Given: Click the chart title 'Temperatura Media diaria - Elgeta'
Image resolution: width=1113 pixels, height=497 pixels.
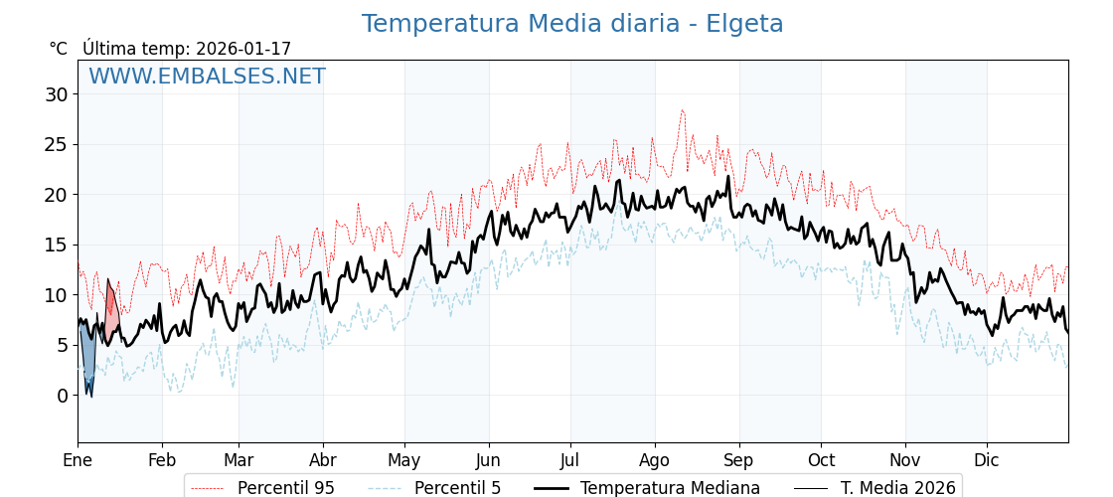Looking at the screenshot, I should click(x=572, y=24).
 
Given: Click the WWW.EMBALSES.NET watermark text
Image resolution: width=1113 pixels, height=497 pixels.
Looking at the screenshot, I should click(x=207, y=77).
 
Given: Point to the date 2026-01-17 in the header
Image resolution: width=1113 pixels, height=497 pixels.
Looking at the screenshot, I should click(x=243, y=49).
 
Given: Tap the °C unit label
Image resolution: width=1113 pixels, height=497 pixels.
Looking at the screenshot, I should click(x=58, y=49).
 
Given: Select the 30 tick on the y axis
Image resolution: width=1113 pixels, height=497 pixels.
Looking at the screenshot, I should click(x=56, y=94).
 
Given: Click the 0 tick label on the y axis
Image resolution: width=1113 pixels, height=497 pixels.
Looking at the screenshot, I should click(x=62, y=396).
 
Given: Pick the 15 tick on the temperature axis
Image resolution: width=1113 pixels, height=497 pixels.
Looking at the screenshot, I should click(x=56, y=245).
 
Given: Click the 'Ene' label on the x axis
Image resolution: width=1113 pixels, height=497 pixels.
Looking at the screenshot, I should click(x=78, y=460).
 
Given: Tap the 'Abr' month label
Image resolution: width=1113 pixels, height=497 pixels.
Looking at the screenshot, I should click(x=323, y=460).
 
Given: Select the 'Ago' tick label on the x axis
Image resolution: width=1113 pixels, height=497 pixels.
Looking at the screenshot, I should click(x=655, y=460).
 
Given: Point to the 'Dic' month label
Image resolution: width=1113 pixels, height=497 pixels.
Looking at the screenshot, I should click(x=987, y=460).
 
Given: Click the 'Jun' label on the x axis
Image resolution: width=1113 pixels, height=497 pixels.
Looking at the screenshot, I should click(x=488, y=460).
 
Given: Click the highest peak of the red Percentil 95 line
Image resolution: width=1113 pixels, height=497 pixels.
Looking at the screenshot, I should click(x=682, y=110).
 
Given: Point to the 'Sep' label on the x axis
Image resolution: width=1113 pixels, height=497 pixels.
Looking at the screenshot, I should click(x=738, y=460).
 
